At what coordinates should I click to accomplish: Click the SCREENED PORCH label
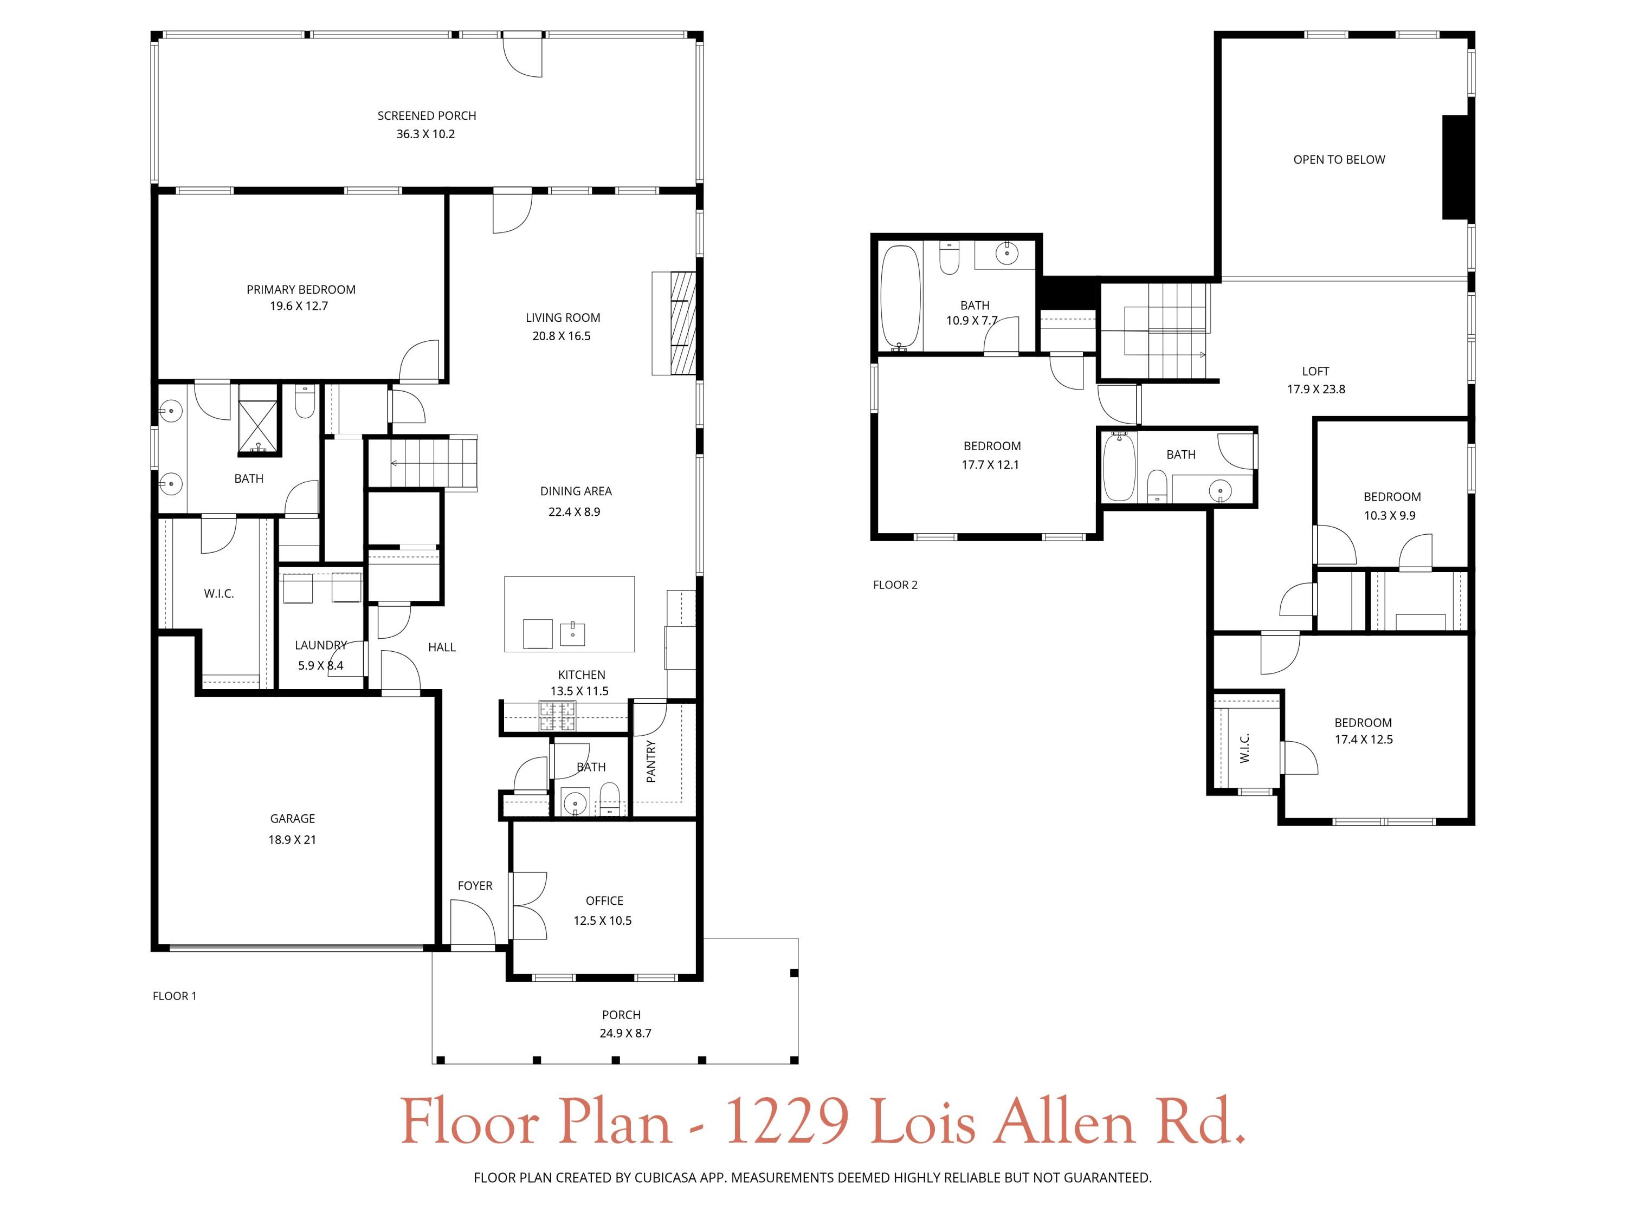(x=427, y=115)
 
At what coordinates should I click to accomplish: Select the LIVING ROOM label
(x=563, y=317)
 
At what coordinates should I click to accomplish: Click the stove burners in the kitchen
(x=558, y=716)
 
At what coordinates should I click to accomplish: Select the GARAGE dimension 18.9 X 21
(x=292, y=840)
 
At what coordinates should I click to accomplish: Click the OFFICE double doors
(x=528, y=905)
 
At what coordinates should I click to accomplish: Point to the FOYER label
(x=475, y=885)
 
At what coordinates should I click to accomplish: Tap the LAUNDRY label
(x=320, y=645)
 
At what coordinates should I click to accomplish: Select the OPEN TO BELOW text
(x=1339, y=159)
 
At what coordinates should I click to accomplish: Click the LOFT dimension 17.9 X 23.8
(x=1316, y=390)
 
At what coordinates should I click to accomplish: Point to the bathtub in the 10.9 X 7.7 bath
(x=900, y=297)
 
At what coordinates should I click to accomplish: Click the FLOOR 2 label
(x=895, y=585)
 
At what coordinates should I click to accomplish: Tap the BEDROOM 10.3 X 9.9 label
(x=1391, y=497)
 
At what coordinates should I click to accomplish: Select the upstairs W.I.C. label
(x=1244, y=748)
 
